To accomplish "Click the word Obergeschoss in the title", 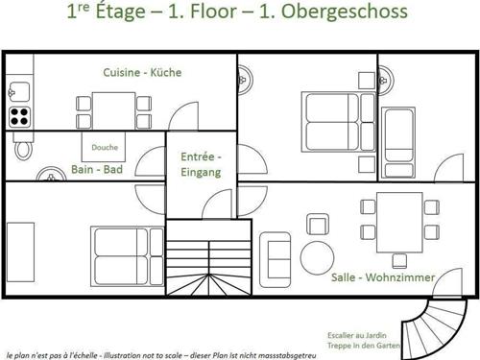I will (x=339, y=12).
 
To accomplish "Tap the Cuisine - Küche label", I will (x=142, y=72).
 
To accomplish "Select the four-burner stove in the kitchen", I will (x=19, y=116).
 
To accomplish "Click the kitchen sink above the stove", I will (x=19, y=92).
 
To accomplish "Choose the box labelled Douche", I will (x=105, y=148).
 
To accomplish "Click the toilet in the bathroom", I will (x=24, y=148).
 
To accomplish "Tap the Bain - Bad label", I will (x=96, y=170).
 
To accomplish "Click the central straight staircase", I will (x=207, y=259).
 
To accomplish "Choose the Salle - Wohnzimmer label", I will (x=383, y=276).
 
